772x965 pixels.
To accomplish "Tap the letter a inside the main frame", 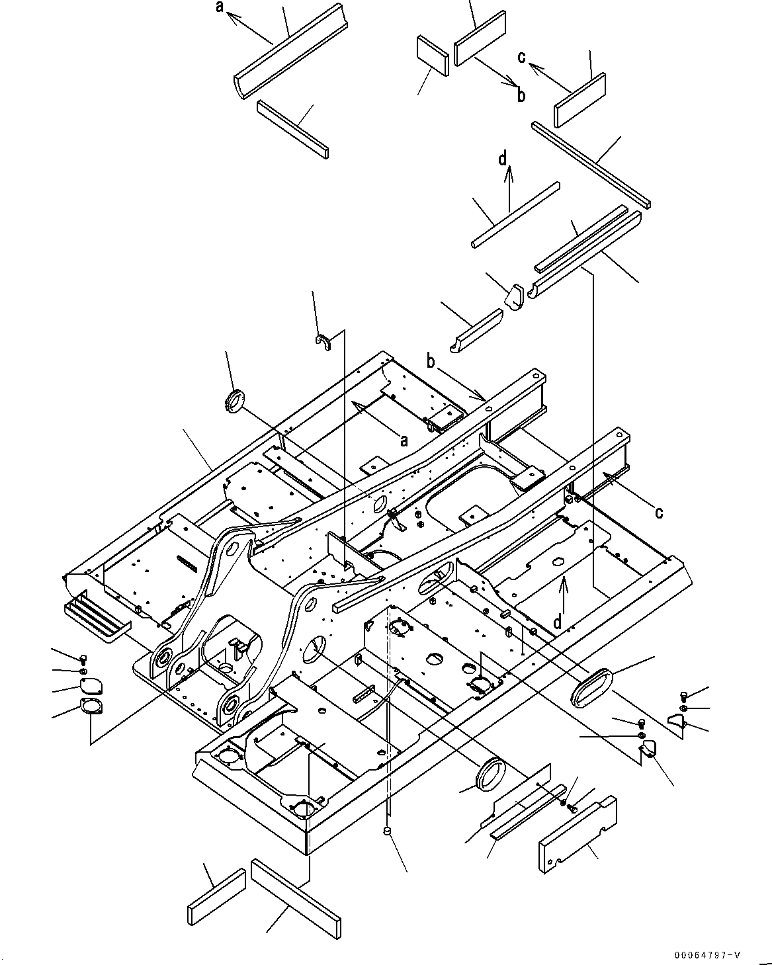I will pyautogui.click(x=403, y=440).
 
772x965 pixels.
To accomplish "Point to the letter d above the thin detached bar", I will pyautogui.click(x=503, y=159).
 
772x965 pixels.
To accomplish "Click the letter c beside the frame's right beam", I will pyautogui.click(x=659, y=511).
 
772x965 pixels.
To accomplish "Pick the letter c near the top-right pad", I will pyautogui.click(x=522, y=58).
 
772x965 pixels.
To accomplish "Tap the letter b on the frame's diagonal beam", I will pyautogui.click(x=431, y=362).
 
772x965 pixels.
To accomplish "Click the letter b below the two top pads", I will pyautogui.click(x=521, y=96).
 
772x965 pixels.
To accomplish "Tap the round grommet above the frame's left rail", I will pyautogui.click(x=234, y=403).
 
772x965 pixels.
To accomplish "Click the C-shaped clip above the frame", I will pyautogui.click(x=323, y=342).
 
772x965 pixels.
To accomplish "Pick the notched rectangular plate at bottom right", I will pyautogui.click(x=578, y=835).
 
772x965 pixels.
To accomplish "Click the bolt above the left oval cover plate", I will pyautogui.click(x=83, y=658).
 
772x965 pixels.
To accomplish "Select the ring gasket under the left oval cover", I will pyautogui.click(x=90, y=706).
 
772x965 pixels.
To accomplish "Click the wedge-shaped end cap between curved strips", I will pyautogui.click(x=513, y=295).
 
